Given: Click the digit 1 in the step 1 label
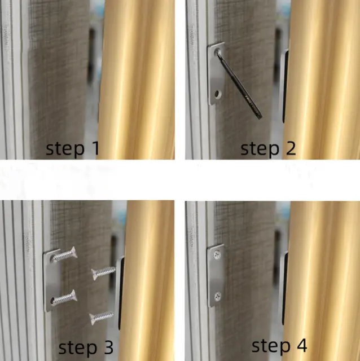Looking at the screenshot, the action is point(96,148).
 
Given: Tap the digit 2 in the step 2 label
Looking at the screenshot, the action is point(291,148).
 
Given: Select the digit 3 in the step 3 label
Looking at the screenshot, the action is point(108,347).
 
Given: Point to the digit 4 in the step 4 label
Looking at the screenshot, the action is point(301,345).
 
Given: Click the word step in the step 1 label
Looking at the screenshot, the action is point(65,149).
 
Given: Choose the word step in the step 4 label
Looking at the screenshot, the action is point(271,346).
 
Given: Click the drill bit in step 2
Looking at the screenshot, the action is point(239,85).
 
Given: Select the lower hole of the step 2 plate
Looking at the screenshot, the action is point(217,94).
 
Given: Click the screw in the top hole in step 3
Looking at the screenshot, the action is point(64,254).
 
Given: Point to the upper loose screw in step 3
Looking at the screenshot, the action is point(103,272).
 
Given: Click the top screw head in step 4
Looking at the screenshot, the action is point(217,255).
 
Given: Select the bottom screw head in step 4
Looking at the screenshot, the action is point(218,297).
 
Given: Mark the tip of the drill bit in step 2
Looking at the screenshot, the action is point(261,118).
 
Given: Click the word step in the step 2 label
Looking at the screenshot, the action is point(260,149).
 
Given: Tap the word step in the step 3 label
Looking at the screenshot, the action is point(78,348).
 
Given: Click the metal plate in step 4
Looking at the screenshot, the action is point(216,275).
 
